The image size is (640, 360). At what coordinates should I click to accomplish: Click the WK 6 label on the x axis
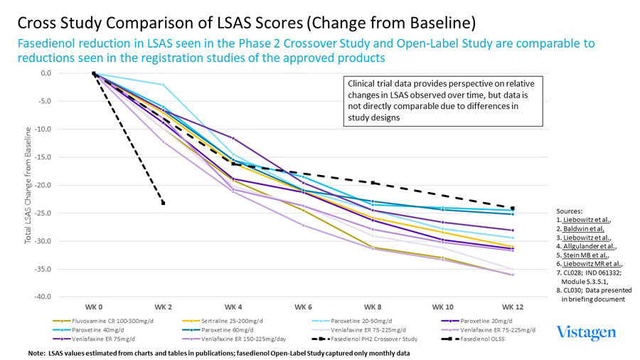303,307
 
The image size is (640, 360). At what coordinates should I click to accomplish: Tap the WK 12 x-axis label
513,307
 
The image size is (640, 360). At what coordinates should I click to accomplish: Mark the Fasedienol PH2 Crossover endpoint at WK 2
164,203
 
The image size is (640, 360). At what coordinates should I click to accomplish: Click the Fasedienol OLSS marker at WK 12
513,208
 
